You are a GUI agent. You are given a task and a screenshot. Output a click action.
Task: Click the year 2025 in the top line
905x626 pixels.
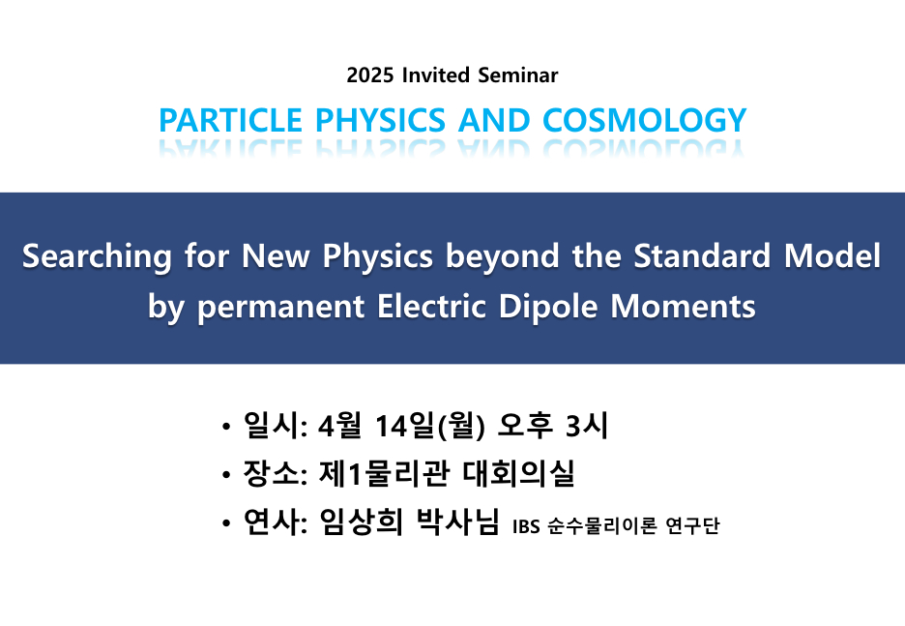370,75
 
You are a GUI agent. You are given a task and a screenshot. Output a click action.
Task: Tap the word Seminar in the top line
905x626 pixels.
517,75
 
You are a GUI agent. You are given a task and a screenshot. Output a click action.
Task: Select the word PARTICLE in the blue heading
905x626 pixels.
230,120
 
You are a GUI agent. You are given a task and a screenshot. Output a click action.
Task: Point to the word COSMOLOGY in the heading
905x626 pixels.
644,120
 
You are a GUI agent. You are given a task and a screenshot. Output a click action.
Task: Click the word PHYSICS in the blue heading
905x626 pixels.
380,120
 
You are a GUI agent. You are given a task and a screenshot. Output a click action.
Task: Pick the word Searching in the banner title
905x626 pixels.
97,255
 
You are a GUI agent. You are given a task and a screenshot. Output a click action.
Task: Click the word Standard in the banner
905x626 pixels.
702,255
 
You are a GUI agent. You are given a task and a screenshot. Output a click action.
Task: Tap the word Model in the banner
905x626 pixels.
832,255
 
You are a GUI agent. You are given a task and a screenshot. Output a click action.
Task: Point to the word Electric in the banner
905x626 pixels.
431,306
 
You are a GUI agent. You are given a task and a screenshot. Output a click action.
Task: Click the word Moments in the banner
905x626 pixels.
683,306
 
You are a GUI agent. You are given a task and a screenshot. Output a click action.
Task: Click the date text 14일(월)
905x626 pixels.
429,426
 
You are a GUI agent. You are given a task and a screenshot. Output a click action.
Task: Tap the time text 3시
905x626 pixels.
586,426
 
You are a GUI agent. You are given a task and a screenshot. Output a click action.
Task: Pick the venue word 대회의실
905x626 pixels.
518,474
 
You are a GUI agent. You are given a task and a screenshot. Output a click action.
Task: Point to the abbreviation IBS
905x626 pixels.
526,526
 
